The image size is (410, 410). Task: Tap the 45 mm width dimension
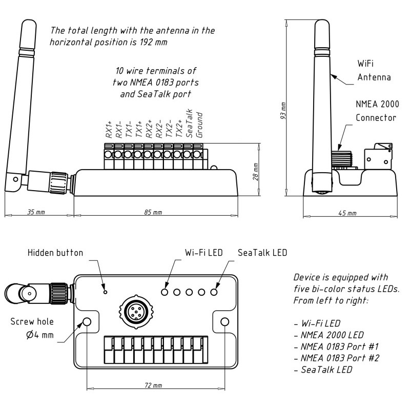tap(348, 213)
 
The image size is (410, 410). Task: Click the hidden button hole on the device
tap(106, 292)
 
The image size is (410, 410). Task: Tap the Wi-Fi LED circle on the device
tap(165, 292)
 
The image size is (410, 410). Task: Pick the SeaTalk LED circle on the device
tap(214, 292)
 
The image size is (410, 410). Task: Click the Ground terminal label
tap(200, 126)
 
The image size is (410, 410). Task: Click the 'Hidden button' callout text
tap(55, 253)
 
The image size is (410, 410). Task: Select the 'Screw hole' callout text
tap(32, 323)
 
